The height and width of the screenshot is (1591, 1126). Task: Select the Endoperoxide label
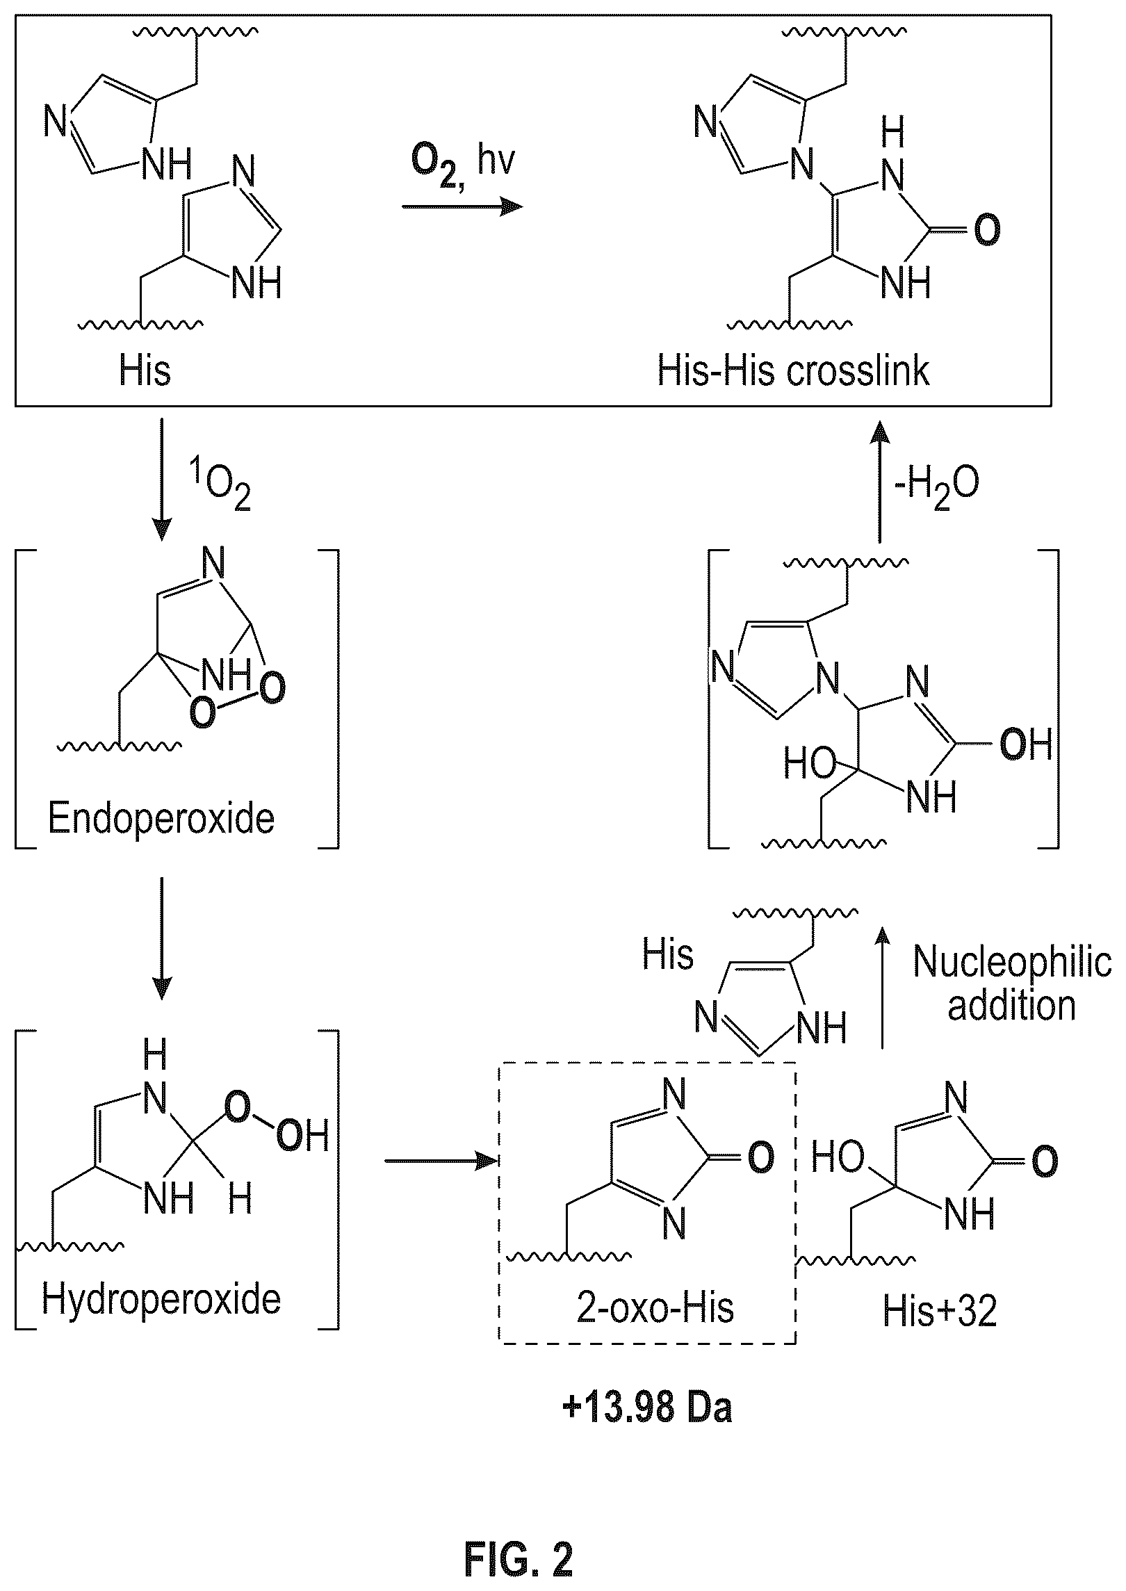[x=161, y=819]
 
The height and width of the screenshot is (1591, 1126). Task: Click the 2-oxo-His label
[x=655, y=1308]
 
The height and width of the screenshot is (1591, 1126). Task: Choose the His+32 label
[x=940, y=1311]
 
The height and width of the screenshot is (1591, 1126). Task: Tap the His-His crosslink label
[x=793, y=370]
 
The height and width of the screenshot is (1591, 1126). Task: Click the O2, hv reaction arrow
[x=462, y=207]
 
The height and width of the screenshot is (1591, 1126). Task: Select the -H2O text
[x=939, y=487]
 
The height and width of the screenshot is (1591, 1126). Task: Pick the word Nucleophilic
[x=1012, y=962]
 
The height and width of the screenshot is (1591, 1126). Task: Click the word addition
[x=1011, y=1005]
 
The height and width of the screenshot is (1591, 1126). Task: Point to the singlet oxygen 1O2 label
[x=225, y=488]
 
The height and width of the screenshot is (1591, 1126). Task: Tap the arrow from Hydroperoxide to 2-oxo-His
[x=442, y=1160]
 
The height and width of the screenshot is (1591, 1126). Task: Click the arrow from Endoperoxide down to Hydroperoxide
[x=161, y=938]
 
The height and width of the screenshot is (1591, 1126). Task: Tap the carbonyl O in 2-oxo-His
[x=760, y=1157]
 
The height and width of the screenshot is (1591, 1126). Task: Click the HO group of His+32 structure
[x=838, y=1159]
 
